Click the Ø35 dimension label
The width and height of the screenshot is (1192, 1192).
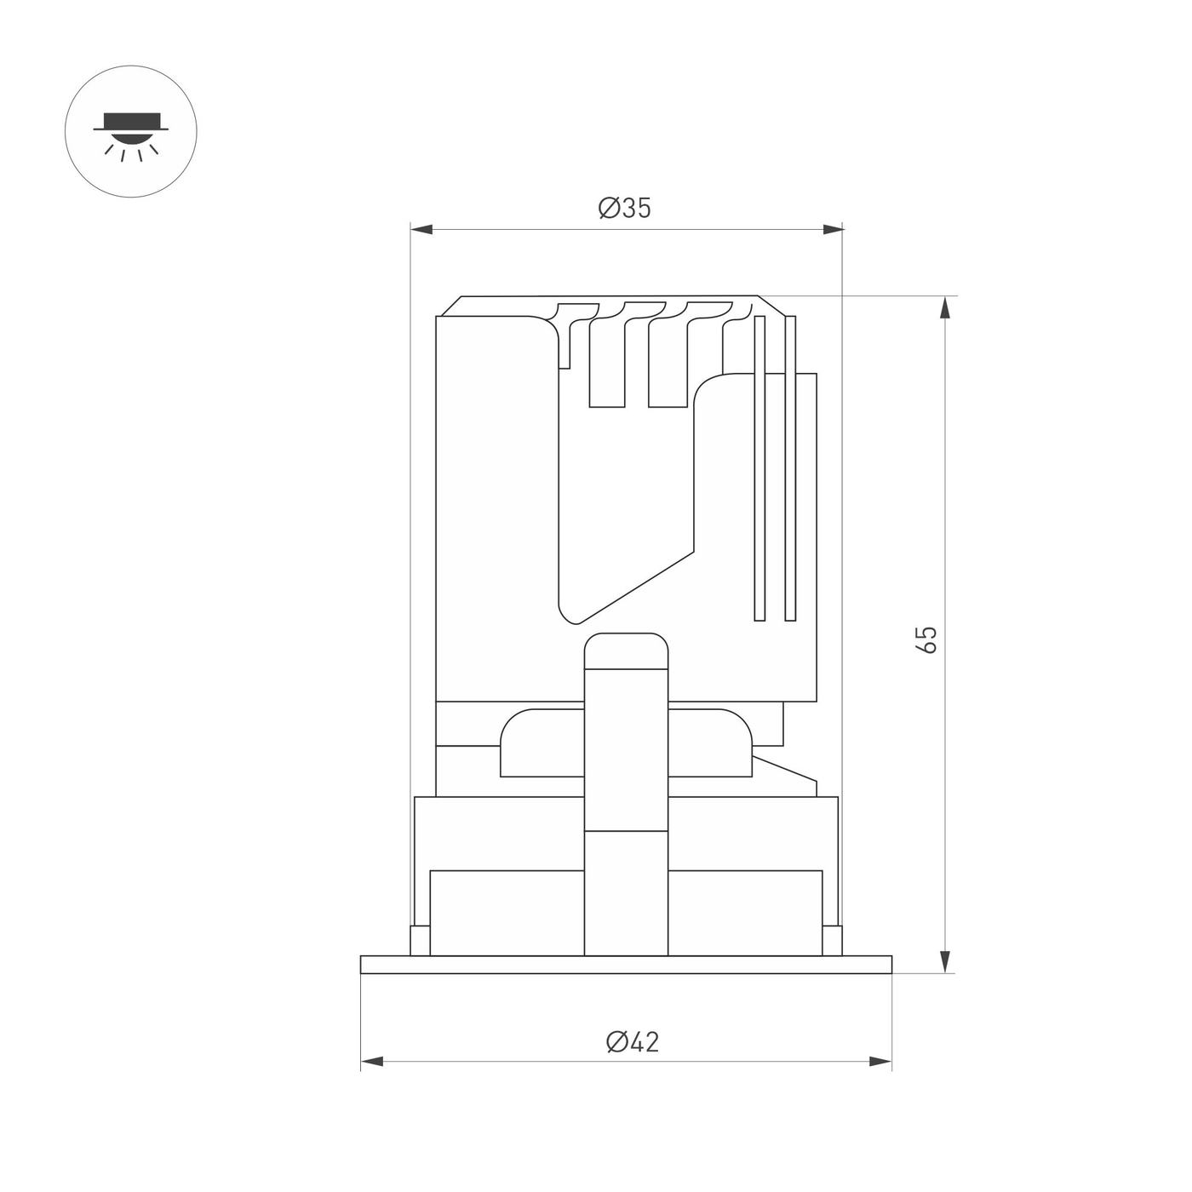625,208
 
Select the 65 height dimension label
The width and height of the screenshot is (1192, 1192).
928,639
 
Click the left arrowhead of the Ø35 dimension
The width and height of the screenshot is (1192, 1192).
421,230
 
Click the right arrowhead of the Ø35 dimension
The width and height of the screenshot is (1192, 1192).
833,230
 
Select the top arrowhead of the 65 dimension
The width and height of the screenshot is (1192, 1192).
944,307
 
